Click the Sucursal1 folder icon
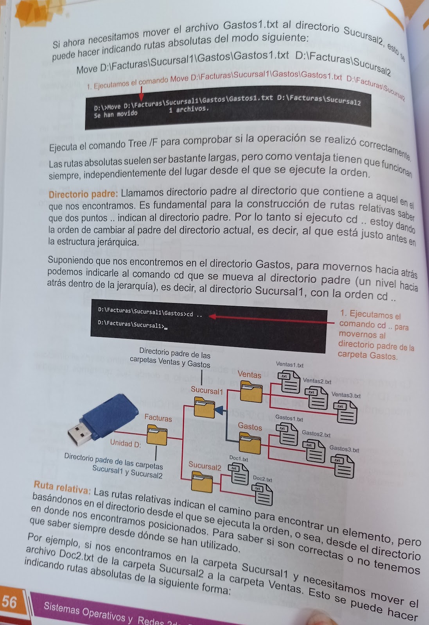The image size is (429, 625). pyautogui.click(x=204, y=407)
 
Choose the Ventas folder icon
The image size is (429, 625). pyautogui.click(x=251, y=391)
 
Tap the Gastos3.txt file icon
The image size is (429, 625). pyautogui.click(x=343, y=466)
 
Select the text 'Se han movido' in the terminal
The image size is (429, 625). pyautogui.click(x=116, y=114)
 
